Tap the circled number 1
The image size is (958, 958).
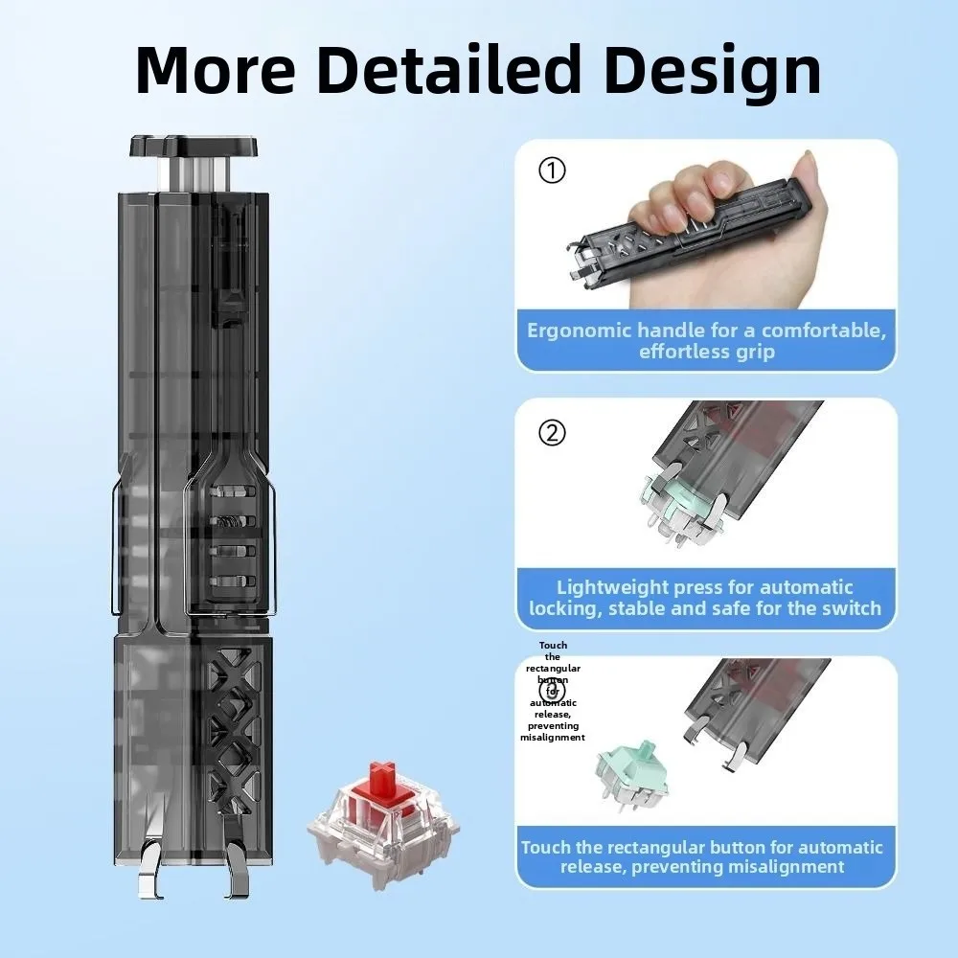[x=553, y=171]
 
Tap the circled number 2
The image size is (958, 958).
[x=553, y=433]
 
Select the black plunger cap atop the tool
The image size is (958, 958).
[x=195, y=147]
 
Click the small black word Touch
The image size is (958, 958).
[x=553, y=646]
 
